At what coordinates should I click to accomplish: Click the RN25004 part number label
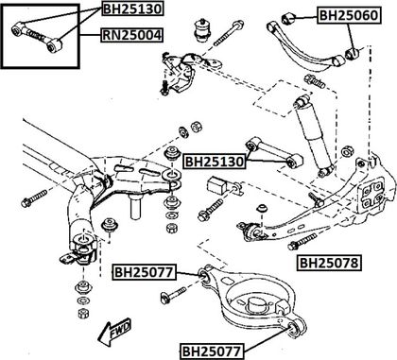(131, 35)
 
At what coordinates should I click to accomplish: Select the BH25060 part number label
(349, 15)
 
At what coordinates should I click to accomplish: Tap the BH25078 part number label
(329, 263)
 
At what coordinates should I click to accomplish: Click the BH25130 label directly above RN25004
(132, 9)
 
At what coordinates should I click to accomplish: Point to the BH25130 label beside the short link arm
(215, 162)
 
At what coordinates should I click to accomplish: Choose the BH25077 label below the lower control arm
(212, 351)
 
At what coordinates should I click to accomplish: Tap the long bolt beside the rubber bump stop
(229, 32)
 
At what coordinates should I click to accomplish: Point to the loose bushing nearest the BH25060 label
(288, 18)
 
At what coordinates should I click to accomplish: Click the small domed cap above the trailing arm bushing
(261, 209)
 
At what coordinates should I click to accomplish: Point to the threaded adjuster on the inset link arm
(34, 34)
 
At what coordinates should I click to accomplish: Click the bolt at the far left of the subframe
(35, 198)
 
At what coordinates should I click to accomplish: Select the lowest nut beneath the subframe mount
(83, 313)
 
